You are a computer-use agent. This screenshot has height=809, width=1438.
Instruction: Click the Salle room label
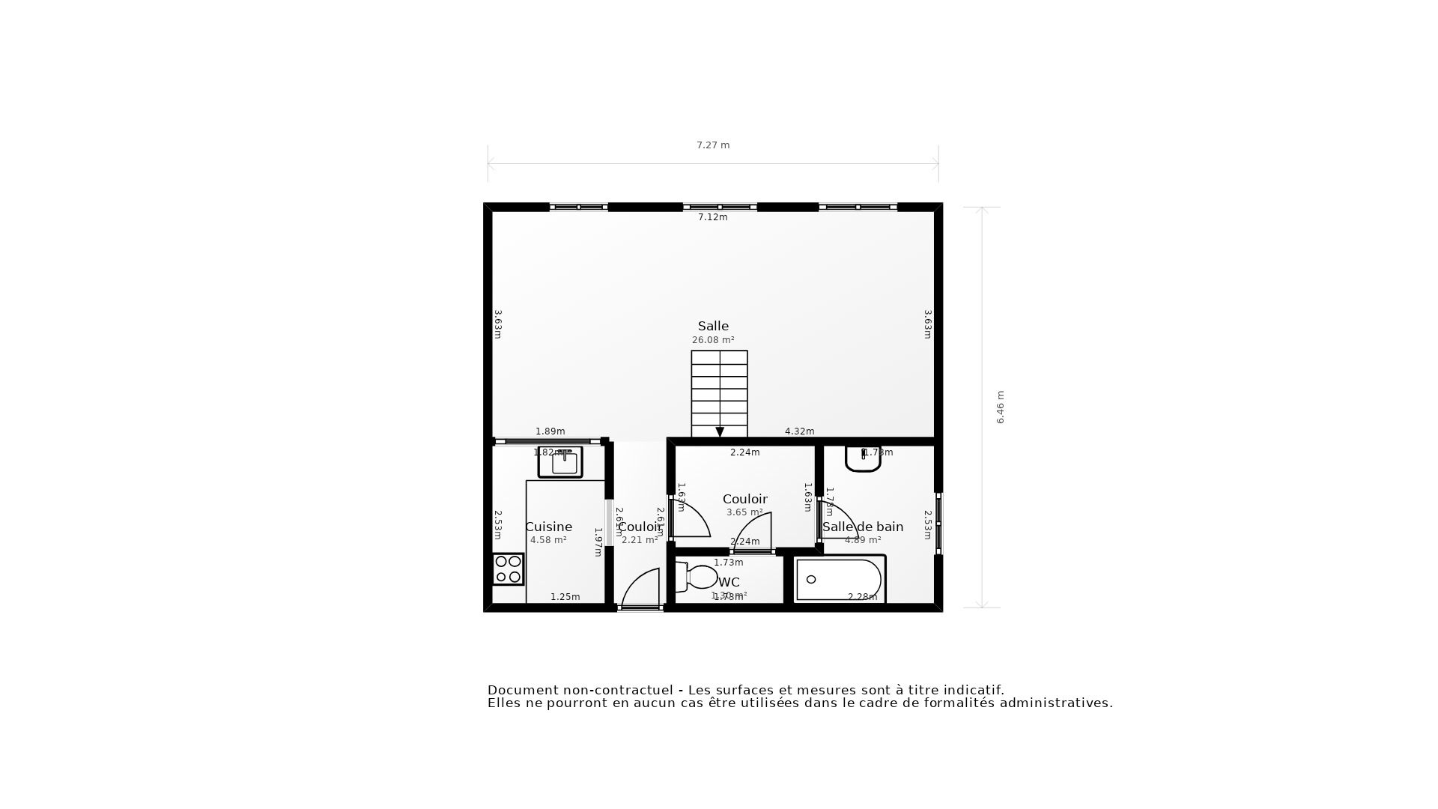coord(713,326)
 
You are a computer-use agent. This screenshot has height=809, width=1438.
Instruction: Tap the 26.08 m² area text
coord(713,340)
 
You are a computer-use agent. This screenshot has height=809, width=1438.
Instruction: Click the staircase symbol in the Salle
coord(719,393)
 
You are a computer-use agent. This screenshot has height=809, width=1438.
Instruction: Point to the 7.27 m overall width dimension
coord(713,145)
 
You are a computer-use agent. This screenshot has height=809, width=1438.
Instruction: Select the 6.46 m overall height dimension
coord(1001,407)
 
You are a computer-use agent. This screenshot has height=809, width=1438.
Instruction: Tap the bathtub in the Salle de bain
coord(839,580)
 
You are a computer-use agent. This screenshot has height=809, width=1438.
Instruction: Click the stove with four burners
coord(508,569)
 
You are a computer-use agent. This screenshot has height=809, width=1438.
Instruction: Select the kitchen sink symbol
coord(560,462)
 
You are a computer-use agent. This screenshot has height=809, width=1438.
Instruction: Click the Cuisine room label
coord(548,527)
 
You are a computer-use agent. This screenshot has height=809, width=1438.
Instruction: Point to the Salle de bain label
coord(863,527)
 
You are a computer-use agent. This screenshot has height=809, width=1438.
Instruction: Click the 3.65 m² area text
coord(744,512)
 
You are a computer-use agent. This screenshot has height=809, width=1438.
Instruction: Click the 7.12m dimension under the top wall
coord(713,217)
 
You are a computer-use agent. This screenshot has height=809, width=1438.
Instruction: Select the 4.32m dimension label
coord(799,431)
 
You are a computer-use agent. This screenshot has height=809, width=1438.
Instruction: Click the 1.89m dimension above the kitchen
coord(550,431)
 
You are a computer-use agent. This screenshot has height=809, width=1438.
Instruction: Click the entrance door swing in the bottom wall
coord(641,589)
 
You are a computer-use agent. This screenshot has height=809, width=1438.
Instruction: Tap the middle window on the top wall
coord(720,207)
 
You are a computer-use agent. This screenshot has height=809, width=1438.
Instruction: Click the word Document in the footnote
coord(522,690)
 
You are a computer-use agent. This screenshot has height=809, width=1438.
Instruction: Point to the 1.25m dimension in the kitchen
coord(565,597)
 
